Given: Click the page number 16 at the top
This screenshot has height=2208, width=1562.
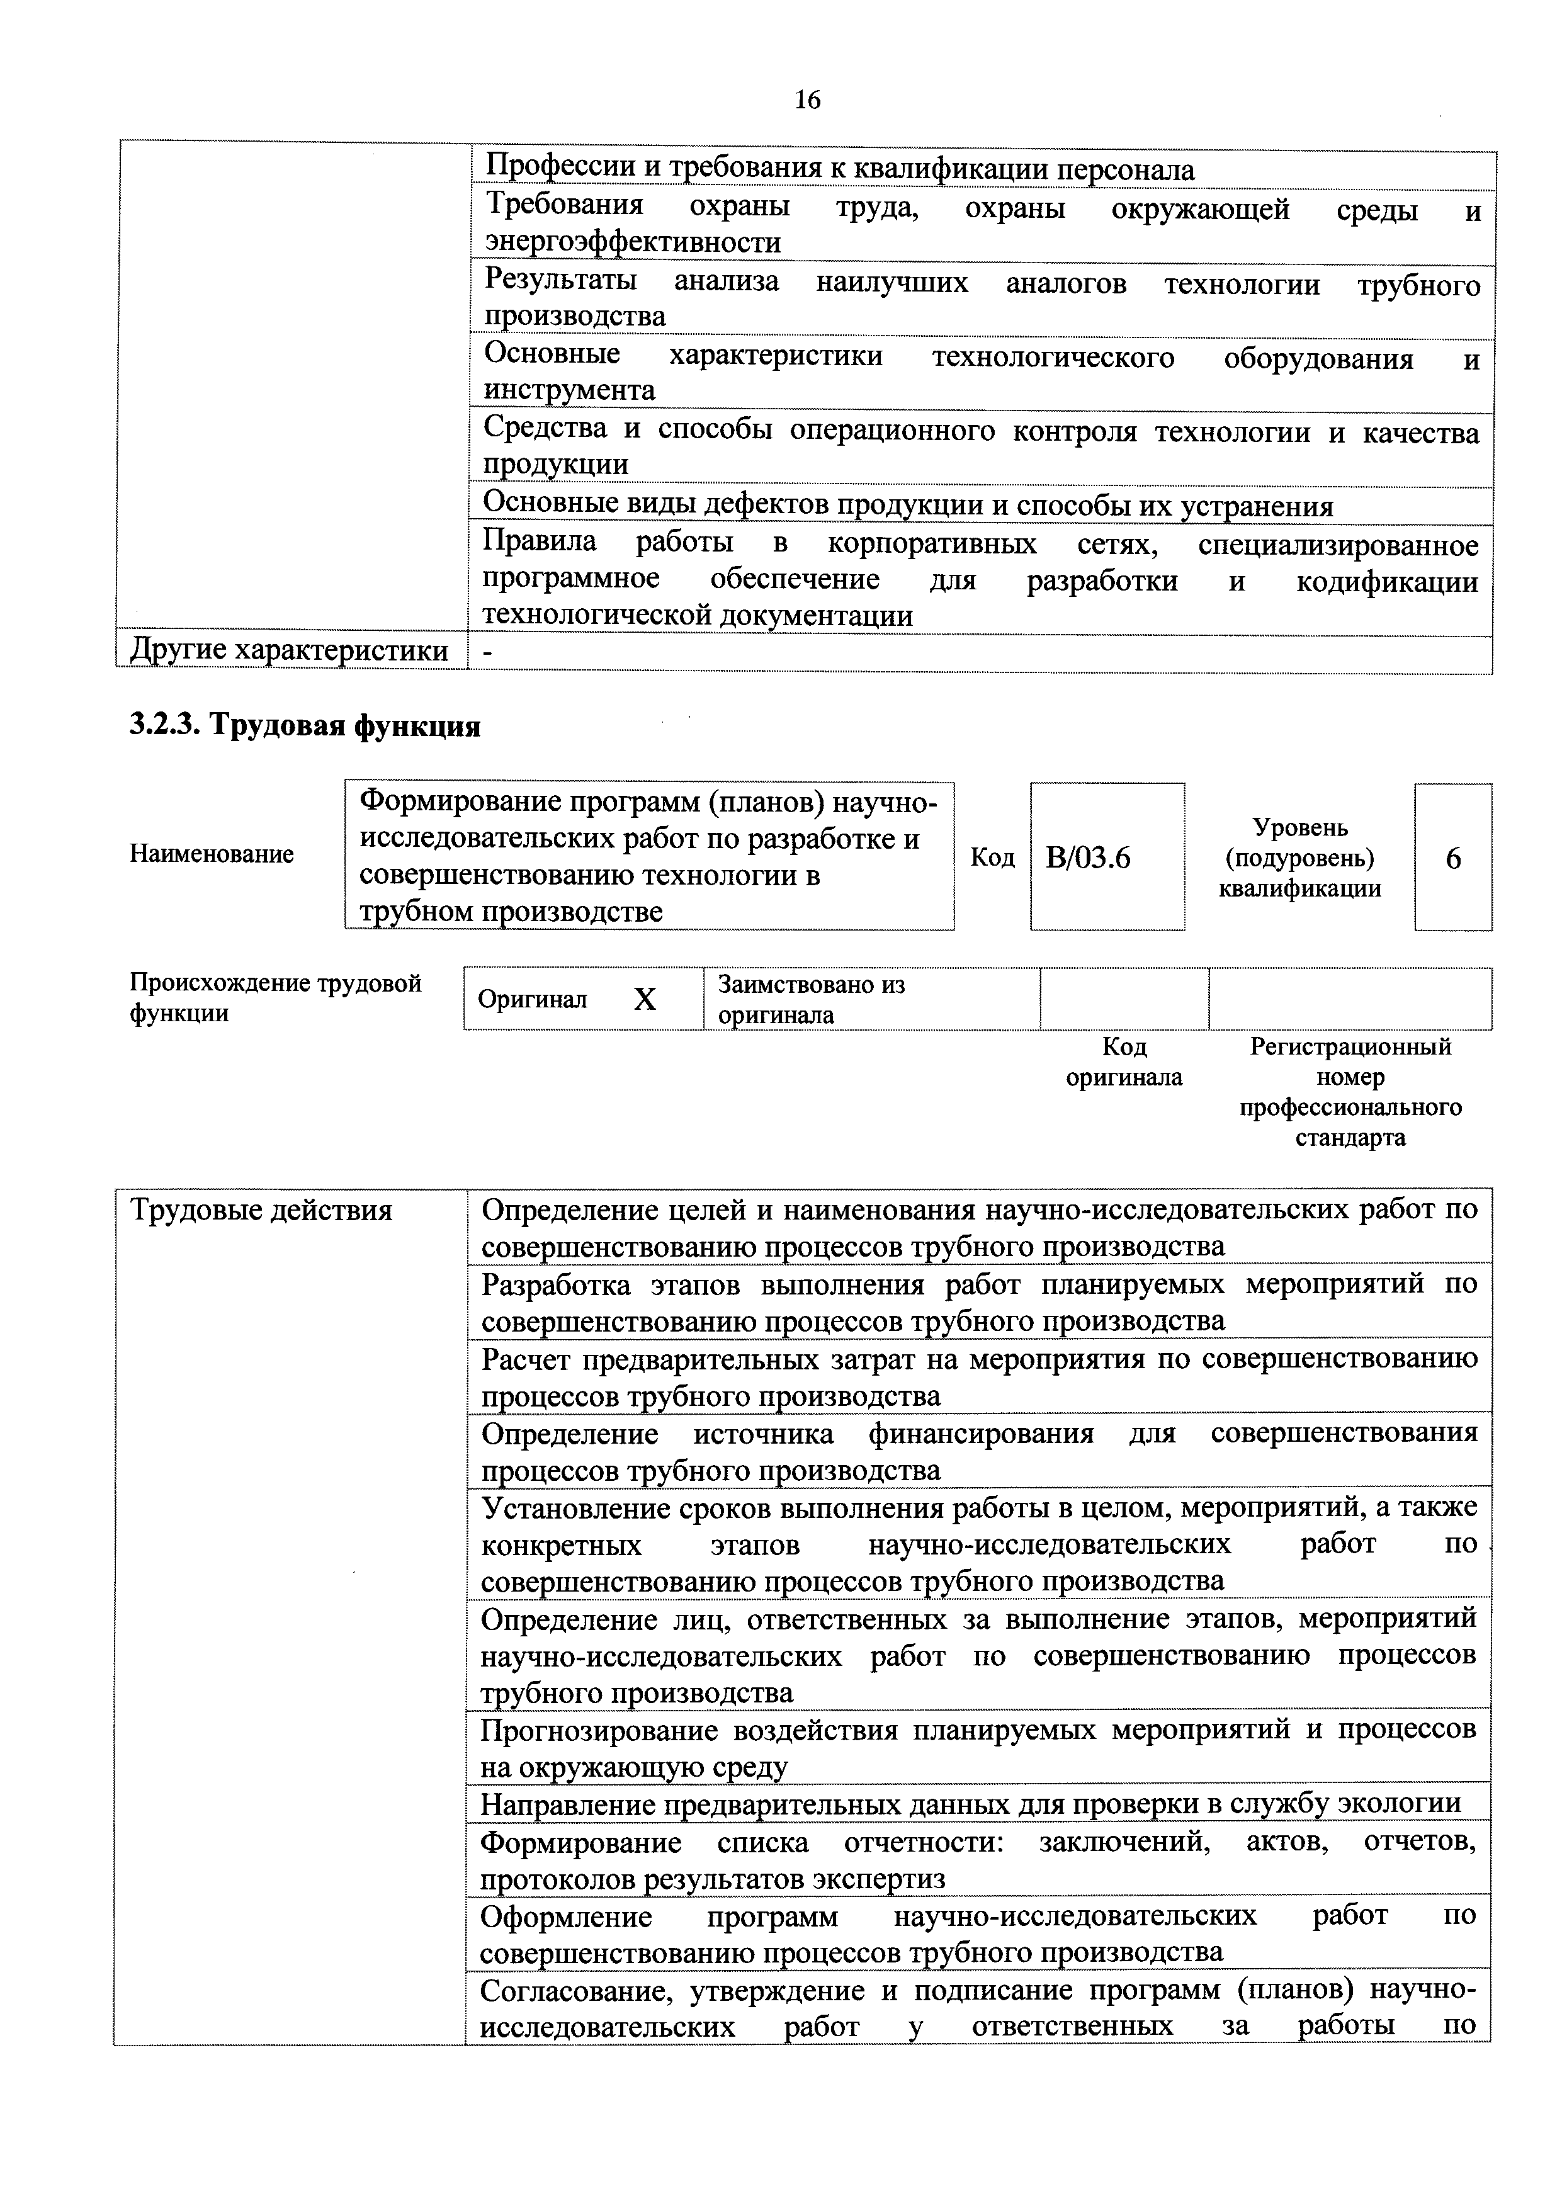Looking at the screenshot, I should tap(807, 100).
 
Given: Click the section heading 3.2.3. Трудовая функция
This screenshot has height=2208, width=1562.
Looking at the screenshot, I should tap(305, 726).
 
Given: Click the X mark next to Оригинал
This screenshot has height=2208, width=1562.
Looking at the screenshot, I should tap(645, 1000).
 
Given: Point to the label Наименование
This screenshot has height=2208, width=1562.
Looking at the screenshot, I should tap(212, 854).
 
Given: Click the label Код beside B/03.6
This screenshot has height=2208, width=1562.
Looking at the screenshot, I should tap(992, 858).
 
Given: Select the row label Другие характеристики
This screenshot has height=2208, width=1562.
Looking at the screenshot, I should tap(288, 652).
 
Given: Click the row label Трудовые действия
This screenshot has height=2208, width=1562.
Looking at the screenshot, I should tap(262, 1210).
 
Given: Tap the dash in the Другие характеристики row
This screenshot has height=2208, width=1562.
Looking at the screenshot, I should tap(488, 652).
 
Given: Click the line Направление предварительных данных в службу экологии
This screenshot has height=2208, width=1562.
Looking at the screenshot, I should tap(970, 1804).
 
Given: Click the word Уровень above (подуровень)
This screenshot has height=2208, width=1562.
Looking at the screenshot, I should tap(1299, 827).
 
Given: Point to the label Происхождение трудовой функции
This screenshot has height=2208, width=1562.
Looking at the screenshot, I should tap(275, 998).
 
